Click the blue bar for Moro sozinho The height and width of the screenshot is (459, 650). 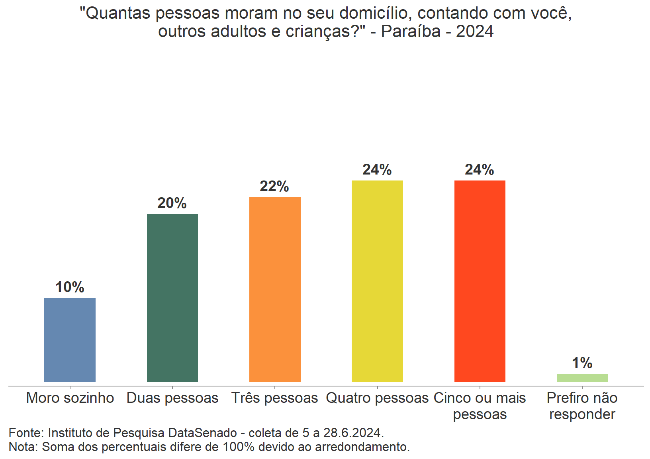coord(70,340)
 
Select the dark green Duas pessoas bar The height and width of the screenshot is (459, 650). coord(172,298)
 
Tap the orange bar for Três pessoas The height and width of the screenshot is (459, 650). coord(275,290)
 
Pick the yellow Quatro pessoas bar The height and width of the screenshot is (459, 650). coord(377,281)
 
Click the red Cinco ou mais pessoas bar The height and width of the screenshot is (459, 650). coord(480,281)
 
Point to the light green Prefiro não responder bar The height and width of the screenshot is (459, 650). coord(582,378)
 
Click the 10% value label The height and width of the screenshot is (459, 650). coord(70,287)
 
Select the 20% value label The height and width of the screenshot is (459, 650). coord(172,203)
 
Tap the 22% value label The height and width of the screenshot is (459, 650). coord(274,186)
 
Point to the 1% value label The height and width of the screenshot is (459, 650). coord(582,363)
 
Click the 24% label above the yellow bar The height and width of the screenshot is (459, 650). coord(377,170)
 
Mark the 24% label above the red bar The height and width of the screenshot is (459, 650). coord(480,170)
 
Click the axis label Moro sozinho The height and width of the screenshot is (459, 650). coord(70,398)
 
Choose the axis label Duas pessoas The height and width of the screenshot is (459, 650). coord(172,398)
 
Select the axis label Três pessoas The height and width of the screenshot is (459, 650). coord(275,398)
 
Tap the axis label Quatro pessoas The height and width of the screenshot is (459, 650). coord(377,398)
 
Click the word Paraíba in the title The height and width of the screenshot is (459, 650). coord(411,31)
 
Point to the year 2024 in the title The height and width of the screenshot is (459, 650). coord(475,31)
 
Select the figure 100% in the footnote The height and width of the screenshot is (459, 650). coord(238,447)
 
